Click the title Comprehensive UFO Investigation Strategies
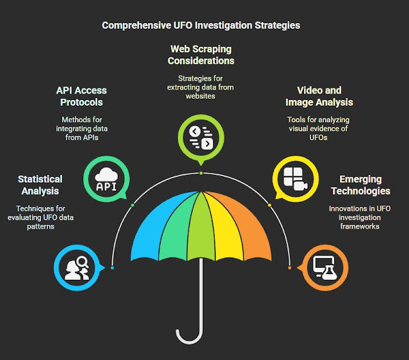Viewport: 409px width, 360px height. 201,26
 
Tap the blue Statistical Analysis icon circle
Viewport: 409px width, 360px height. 75,267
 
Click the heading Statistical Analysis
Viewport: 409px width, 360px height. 40,184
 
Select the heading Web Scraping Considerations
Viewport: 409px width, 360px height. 201,54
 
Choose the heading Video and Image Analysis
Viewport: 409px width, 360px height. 319,96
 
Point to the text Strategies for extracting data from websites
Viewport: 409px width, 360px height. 201,88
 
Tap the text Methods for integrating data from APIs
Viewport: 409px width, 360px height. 81,128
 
